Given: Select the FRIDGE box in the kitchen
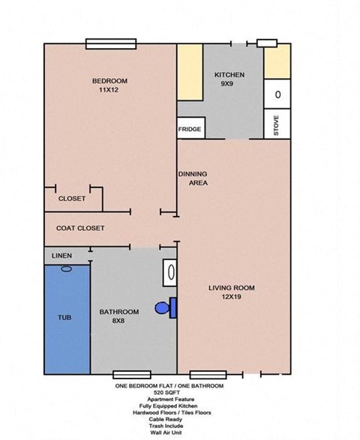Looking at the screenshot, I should [190, 129].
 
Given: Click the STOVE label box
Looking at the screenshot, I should [277, 125].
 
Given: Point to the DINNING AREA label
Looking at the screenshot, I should [193, 178].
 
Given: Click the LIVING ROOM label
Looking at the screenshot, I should [232, 292].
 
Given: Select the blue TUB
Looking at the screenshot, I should [66, 317].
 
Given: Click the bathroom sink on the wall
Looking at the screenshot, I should [169, 273].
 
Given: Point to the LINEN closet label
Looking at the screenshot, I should [61, 256].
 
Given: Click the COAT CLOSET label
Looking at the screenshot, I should [79, 228].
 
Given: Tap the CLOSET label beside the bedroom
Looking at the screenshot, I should [72, 199].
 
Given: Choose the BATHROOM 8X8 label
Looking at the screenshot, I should [119, 316].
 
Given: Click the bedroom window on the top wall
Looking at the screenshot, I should [111, 43].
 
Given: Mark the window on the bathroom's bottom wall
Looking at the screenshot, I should [132, 375].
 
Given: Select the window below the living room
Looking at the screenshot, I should [208, 375].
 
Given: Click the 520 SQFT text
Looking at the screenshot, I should [169, 392].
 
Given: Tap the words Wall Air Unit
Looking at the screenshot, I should [169, 433].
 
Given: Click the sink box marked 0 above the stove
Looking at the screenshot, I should [277, 95].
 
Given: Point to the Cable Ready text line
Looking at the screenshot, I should [169, 419].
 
